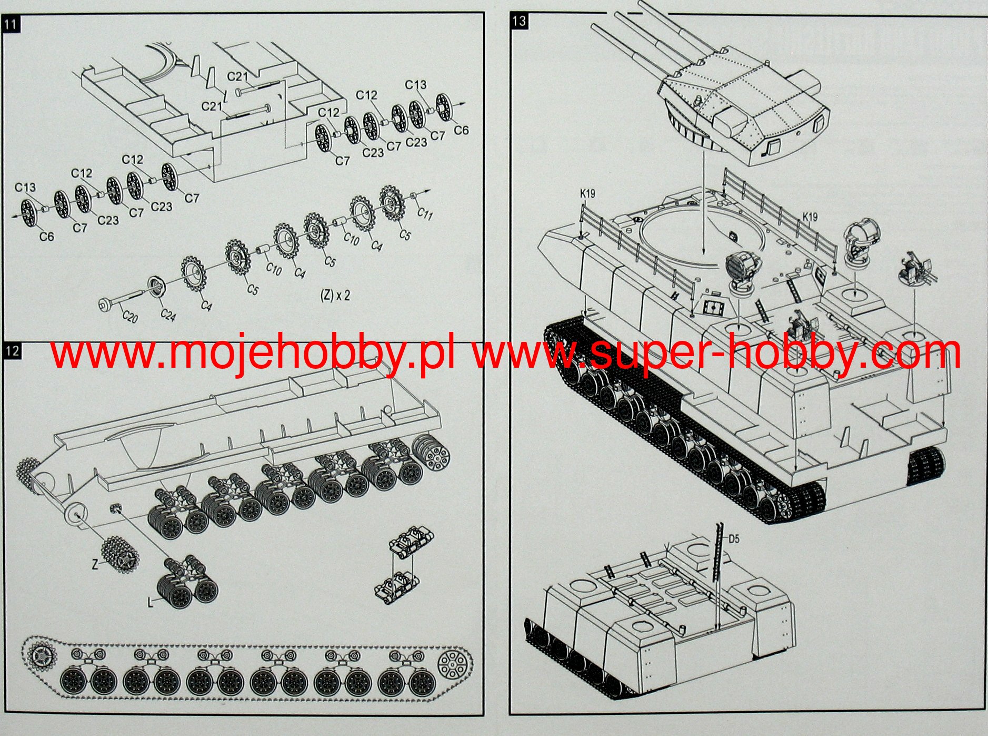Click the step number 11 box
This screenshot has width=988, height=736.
[11, 25]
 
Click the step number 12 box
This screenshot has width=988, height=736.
[13, 351]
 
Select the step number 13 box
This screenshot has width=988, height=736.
[519, 21]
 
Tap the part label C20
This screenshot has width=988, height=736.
[129, 316]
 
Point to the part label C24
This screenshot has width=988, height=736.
[168, 315]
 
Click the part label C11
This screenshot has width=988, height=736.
[425, 213]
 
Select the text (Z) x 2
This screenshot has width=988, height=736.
[335, 295]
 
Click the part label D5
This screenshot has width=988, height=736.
[734, 539]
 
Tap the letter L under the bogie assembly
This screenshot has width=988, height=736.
[151, 602]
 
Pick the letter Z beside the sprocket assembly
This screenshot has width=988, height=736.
[95, 565]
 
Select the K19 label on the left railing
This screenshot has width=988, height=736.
[587, 193]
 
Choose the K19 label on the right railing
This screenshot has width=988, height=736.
[810, 217]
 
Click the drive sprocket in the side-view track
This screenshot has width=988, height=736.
[42, 656]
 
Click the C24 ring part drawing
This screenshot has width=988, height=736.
[157, 286]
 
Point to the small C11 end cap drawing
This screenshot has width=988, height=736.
[413, 196]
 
